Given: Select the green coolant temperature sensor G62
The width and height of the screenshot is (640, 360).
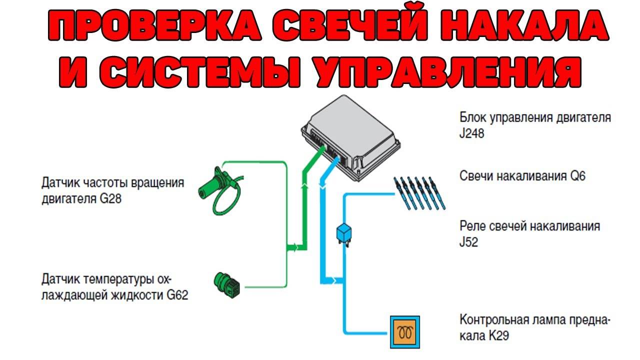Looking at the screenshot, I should coord(227,284).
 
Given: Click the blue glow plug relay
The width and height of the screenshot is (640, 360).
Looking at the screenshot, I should coord(344,233).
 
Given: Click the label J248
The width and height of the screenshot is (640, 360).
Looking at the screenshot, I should coord(471,134).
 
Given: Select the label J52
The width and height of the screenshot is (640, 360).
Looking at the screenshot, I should coord(469,242).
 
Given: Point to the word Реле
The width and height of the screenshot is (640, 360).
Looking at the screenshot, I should coord(472,226).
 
